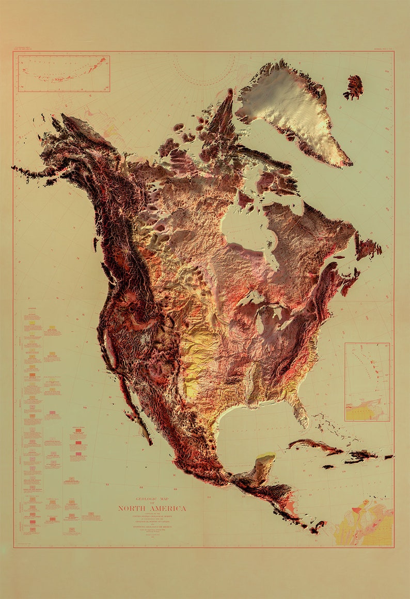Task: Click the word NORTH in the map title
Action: click(x=132, y=508)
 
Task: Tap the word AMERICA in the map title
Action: click(x=167, y=508)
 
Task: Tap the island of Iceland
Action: click(x=354, y=86)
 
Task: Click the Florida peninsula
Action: click(x=300, y=413)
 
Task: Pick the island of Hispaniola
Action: click(x=361, y=456)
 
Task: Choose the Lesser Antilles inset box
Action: click(x=367, y=381)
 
